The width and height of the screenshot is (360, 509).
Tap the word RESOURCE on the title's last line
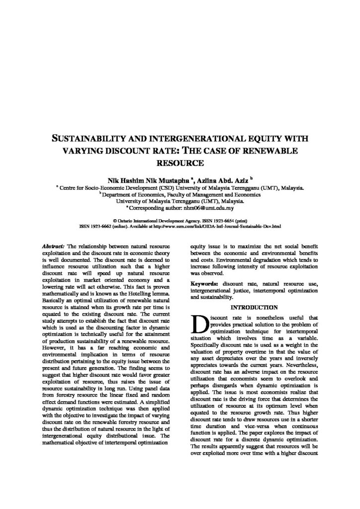click(180, 162)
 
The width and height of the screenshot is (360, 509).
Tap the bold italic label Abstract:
click(54, 246)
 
